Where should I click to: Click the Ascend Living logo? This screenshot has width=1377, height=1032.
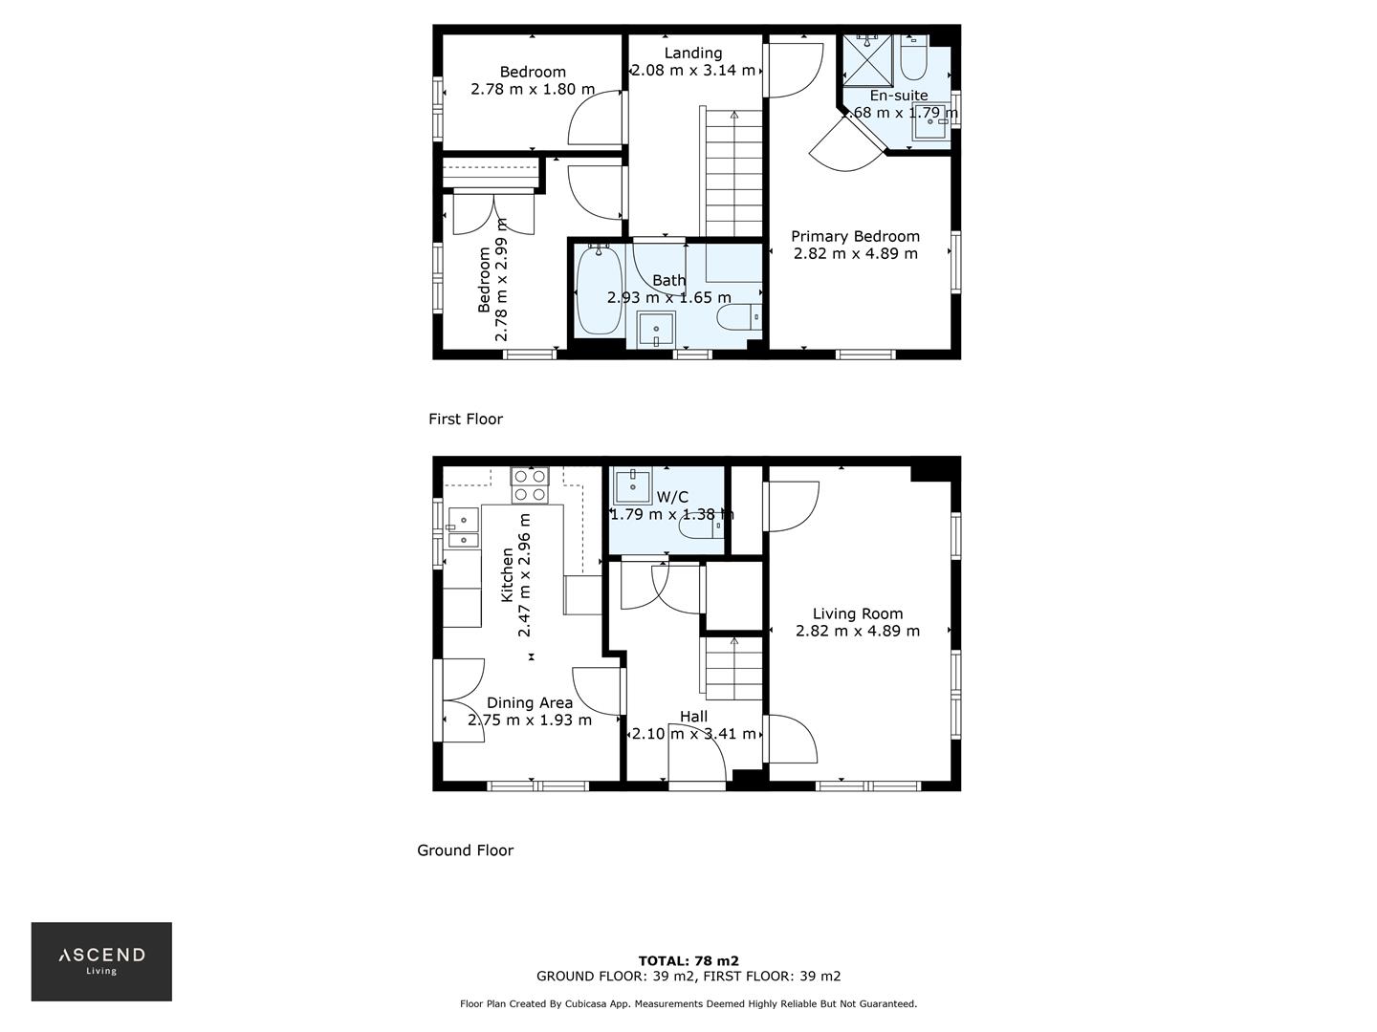pos(101,960)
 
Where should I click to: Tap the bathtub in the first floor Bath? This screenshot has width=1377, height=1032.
pos(599,291)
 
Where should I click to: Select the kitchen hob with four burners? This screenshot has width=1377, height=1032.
pos(529,484)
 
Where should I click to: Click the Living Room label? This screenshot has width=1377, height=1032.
pos(857,613)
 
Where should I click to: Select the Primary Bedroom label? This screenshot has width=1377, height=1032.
pos(855,236)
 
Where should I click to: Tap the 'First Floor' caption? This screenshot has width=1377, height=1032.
pos(465,419)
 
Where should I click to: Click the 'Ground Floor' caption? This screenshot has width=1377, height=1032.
pos(465,849)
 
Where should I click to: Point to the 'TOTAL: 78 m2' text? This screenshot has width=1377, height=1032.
pos(688,960)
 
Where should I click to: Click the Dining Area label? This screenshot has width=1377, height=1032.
pos(529,702)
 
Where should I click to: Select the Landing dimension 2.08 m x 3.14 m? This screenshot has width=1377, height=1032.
pos(693,70)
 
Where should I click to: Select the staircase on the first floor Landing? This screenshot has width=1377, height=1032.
pos(733,172)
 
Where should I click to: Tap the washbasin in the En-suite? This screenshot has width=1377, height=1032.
pos(930,122)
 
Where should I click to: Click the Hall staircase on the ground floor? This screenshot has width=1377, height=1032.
pos(733,669)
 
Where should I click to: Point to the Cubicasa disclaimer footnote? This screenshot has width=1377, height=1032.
pos(688,1003)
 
